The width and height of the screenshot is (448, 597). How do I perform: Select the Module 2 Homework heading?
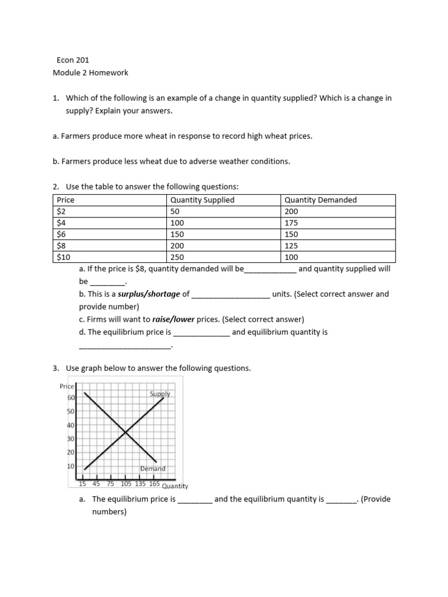coord(90,73)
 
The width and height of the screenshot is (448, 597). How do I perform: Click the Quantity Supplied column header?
coord(202,200)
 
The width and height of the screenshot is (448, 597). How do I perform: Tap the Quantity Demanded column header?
coord(320,200)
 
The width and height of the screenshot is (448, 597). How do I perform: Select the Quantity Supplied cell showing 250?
coord(177,257)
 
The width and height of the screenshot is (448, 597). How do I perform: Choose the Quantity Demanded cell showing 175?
coord(292,223)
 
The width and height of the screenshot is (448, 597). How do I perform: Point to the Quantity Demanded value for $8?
coord(292,245)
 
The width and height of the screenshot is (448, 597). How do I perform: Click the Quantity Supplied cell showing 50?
coord(174,212)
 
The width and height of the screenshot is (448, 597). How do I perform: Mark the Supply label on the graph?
coord(160,394)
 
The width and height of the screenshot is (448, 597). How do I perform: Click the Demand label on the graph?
coord(153,469)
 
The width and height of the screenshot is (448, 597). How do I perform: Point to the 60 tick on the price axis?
coord(71,398)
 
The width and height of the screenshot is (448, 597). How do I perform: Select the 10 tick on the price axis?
coord(71,466)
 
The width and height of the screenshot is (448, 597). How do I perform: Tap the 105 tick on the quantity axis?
coord(126,483)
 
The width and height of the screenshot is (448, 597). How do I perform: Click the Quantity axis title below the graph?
coord(175,486)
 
